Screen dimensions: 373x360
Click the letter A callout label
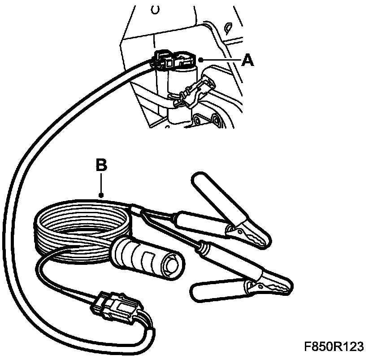(247, 60)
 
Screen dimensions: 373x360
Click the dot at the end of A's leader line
(201, 59)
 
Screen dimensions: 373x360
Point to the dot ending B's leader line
(102, 195)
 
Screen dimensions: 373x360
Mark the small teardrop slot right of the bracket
(227, 28)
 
